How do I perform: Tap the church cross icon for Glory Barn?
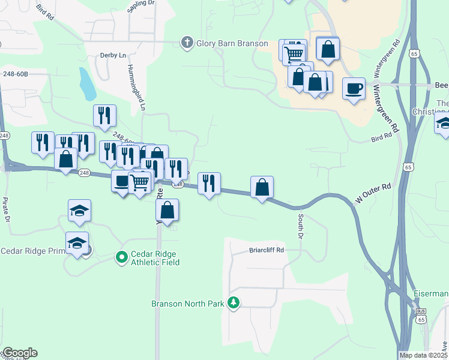pos(187,42)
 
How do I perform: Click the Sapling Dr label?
pos(141,10)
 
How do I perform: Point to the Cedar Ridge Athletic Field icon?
pos(121,257)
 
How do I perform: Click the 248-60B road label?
pos(16,74)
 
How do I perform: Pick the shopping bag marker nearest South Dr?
pos(262,188)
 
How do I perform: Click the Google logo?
pos(19,353)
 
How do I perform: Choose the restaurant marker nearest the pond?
pos(104,115)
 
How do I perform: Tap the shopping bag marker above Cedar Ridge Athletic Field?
pos(168,210)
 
